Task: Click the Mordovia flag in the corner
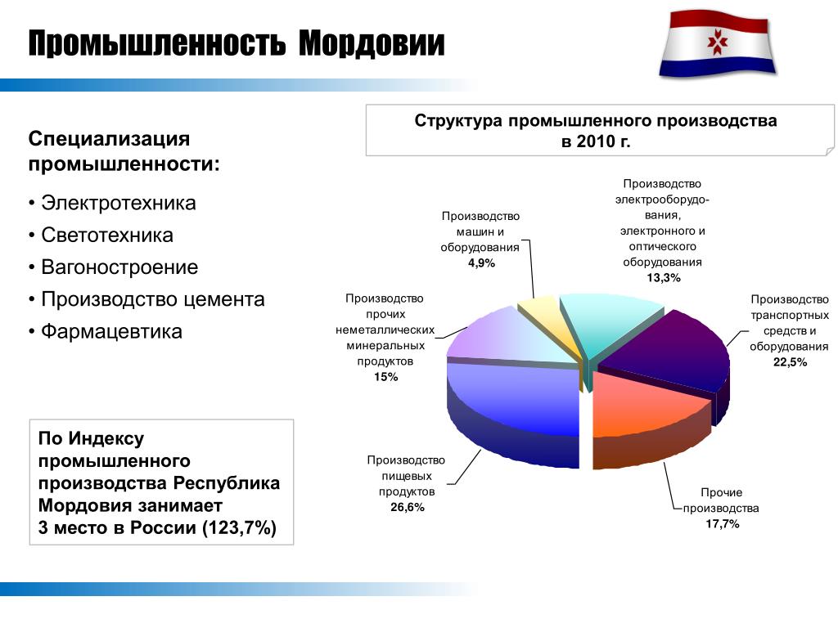pos(718,43)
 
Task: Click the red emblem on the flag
pos(718,43)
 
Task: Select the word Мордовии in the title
pos(372,43)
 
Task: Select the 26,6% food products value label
pos(408,507)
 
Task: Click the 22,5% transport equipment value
pos(790,362)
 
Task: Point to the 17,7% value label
pos(722,524)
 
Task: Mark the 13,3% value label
pos(663,278)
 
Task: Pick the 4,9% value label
pos(481,262)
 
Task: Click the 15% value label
pos(386,377)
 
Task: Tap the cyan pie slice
pos(606,321)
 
